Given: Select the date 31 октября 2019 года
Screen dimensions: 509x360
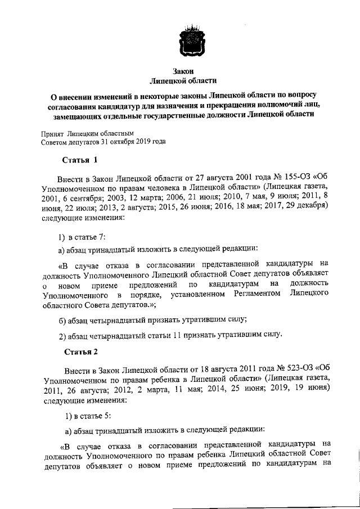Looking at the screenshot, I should coord(137,142).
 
